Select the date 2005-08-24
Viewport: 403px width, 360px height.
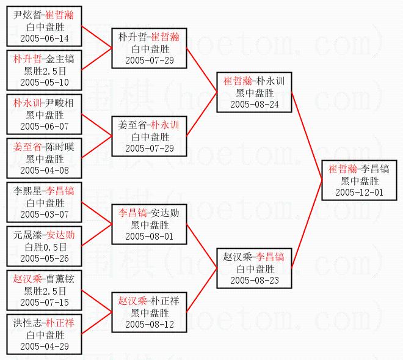click(x=255, y=104)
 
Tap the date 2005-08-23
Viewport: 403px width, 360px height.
click(x=255, y=279)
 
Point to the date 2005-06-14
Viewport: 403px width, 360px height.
click(x=45, y=39)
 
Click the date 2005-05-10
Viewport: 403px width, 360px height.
click(x=45, y=83)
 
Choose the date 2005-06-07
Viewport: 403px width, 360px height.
click(x=45, y=127)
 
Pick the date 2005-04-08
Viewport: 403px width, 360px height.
click(x=45, y=171)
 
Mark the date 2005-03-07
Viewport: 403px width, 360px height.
click(x=45, y=215)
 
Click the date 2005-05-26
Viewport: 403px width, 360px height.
click(x=45, y=259)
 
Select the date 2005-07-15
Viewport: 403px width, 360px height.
click(x=45, y=303)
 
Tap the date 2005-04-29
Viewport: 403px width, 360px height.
click(x=45, y=347)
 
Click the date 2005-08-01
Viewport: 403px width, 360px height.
click(x=150, y=236)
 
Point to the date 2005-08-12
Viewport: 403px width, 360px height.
click(x=150, y=324)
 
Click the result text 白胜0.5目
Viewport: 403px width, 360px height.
click(x=45, y=247)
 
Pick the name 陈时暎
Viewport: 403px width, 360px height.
click(x=62, y=147)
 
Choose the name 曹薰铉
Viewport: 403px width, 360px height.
click(x=62, y=279)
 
